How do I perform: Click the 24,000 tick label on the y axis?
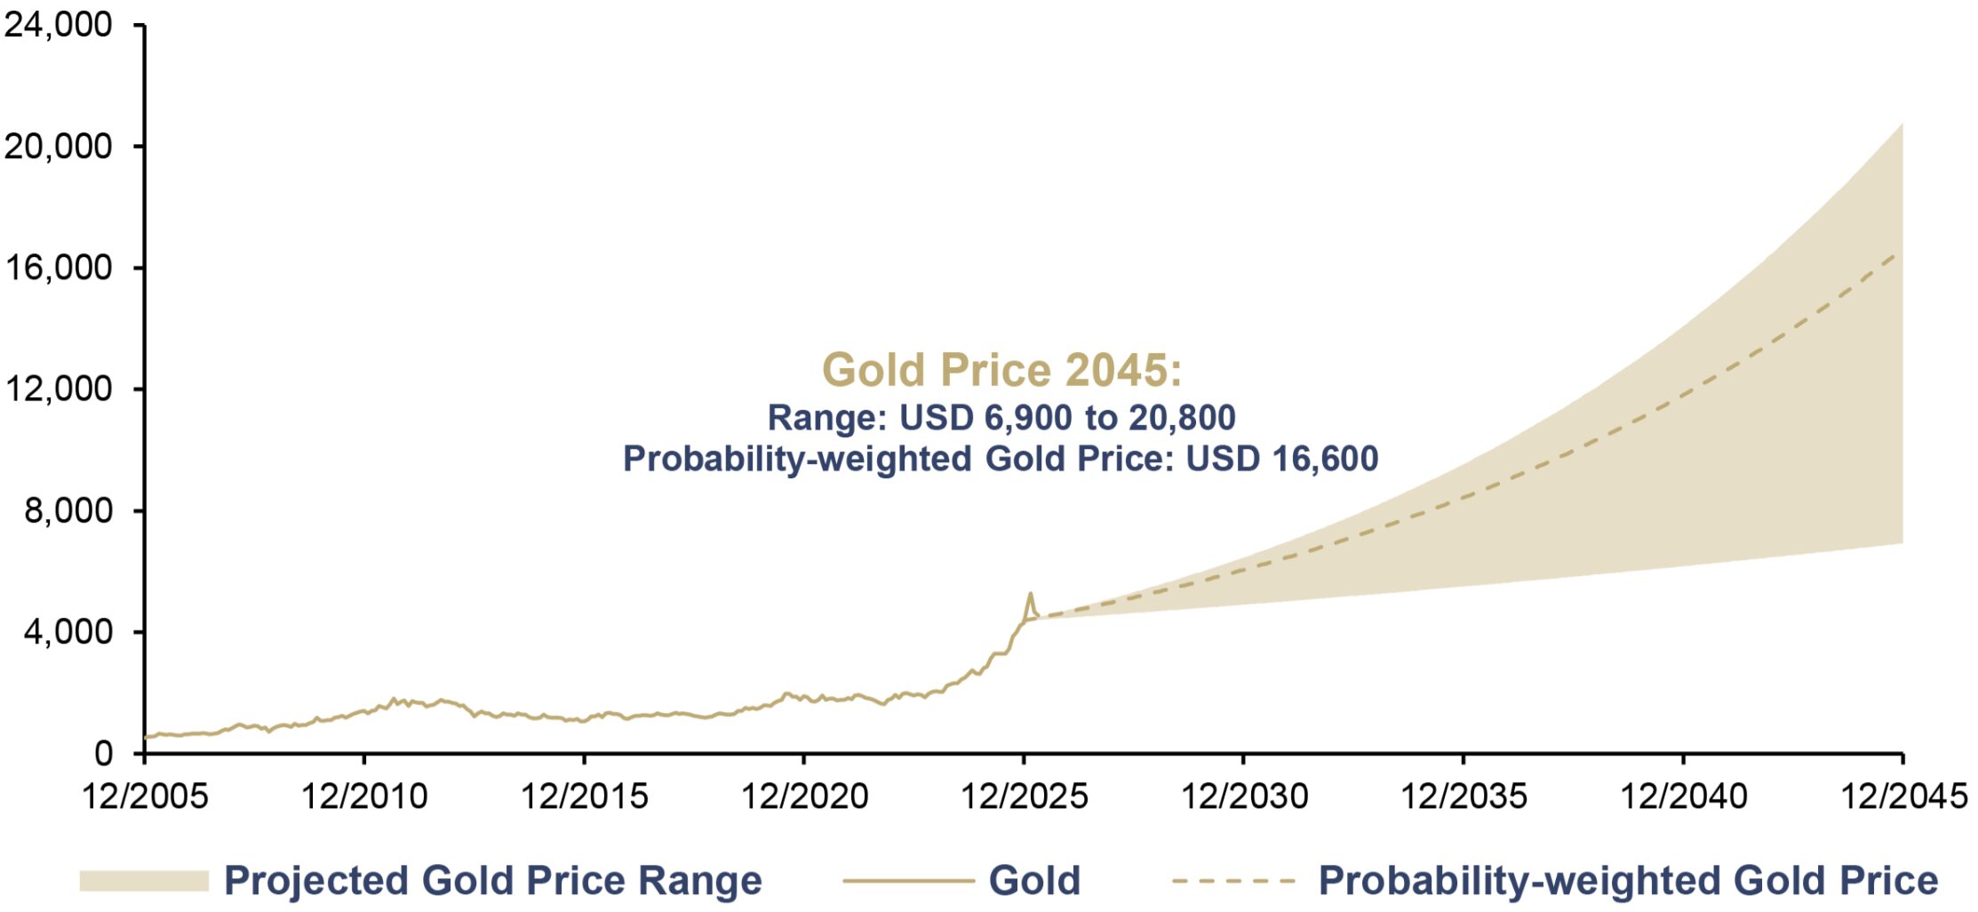[x=59, y=25]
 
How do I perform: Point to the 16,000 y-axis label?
[x=59, y=268]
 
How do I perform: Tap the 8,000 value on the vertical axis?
[x=69, y=510]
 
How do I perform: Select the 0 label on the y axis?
[x=104, y=754]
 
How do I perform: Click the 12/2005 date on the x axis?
[x=145, y=796]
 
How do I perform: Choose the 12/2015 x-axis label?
[x=584, y=796]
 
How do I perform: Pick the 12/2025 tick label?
[x=1024, y=796]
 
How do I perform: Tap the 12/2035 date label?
[x=1464, y=796]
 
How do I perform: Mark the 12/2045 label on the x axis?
[x=1903, y=796]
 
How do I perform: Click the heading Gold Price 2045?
[x=1001, y=370]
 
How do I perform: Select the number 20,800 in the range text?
[x=1182, y=418]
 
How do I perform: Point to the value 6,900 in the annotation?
[x=1030, y=418]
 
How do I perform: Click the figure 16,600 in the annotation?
[x=1325, y=459]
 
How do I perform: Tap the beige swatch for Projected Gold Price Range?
[x=144, y=881]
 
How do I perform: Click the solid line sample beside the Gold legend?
[x=908, y=881]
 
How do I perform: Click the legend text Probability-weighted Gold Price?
[x=1628, y=881]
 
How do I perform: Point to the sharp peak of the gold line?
[x=1031, y=593]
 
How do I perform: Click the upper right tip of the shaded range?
[x=1902, y=123]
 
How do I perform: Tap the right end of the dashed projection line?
[x=1897, y=253]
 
